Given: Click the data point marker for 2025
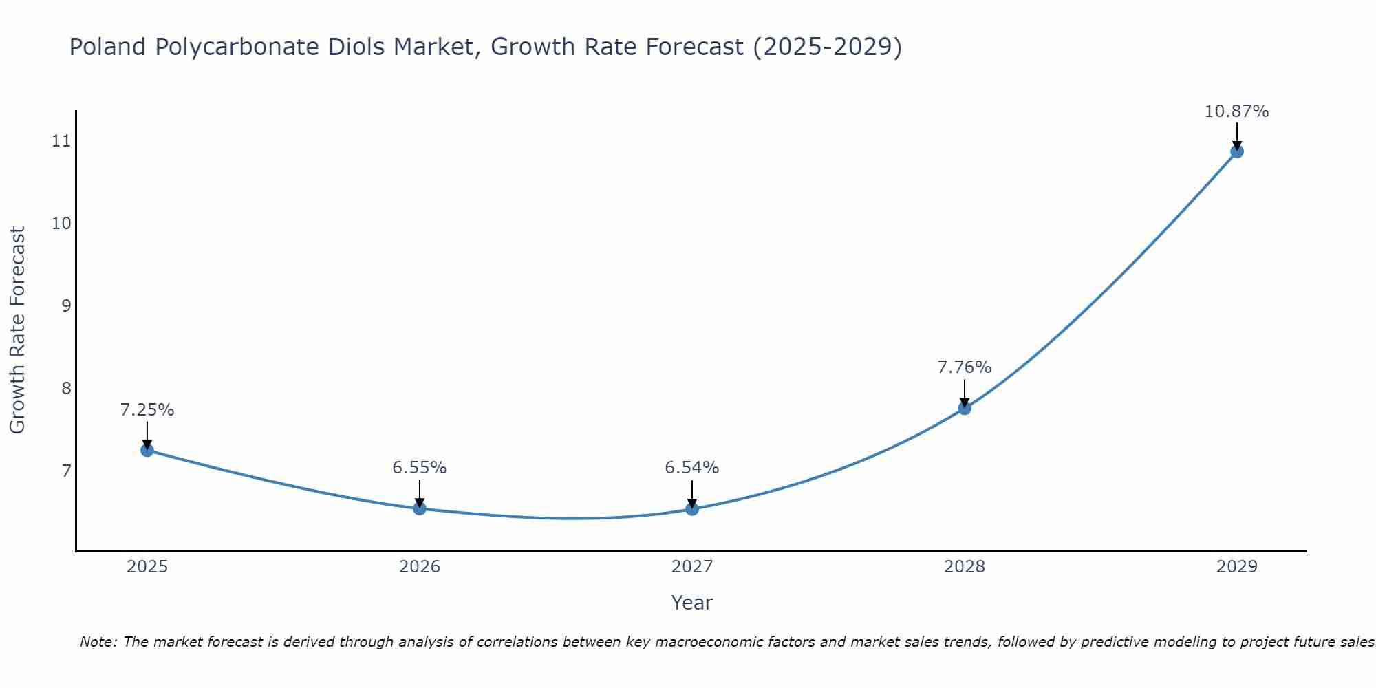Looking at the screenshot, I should coord(147,450).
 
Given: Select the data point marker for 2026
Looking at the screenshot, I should coord(420,508).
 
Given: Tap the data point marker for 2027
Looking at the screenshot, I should coord(692,509).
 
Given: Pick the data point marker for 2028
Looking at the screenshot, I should coord(965,408).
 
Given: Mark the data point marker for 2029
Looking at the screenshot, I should coord(1236,151).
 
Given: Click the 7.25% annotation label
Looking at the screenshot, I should coord(147,410).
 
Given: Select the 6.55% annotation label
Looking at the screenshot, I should coord(420,468).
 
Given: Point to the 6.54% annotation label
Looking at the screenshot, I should coord(692,468).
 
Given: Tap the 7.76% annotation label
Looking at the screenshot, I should coord(965,367).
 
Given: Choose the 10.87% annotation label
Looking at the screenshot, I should coord(1236,111).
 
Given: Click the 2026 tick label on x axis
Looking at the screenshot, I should coord(420,567).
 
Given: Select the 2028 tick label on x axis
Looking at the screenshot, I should coord(965,567).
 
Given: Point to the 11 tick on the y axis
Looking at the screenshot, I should coord(61,142).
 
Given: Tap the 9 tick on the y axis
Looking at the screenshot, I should coord(66,306).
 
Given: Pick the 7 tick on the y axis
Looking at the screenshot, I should coord(66,471).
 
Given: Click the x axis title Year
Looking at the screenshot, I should coord(691,603).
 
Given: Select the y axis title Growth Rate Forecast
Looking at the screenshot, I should coord(17,330).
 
